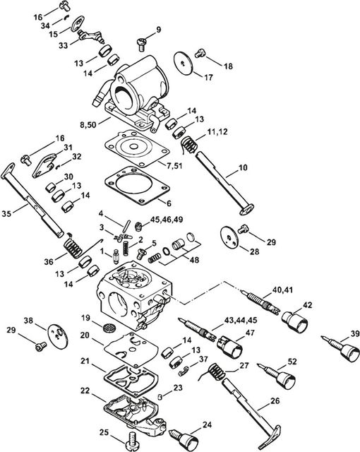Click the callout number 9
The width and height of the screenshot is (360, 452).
[x=159, y=30]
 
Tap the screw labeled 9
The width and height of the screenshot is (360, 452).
[x=142, y=44]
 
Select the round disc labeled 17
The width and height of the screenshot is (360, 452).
[x=183, y=63]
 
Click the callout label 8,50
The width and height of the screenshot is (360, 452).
[x=89, y=125]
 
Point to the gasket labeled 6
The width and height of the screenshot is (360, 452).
[x=137, y=186]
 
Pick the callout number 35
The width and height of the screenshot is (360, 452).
[x=7, y=213]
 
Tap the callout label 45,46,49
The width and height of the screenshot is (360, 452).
[x=167, y=219]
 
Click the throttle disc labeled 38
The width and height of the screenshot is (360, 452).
[x=58, y=336]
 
